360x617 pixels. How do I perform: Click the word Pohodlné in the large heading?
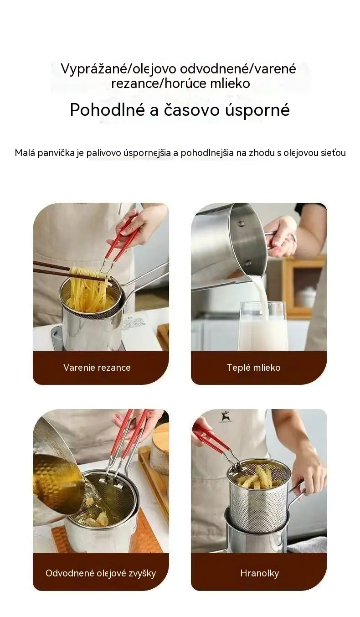[108, 110]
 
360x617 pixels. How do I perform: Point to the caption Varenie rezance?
[97, 368]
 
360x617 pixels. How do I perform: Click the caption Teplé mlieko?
[253, 368]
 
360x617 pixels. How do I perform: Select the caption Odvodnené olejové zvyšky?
[101, 573]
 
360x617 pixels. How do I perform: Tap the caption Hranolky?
[260, 573]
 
